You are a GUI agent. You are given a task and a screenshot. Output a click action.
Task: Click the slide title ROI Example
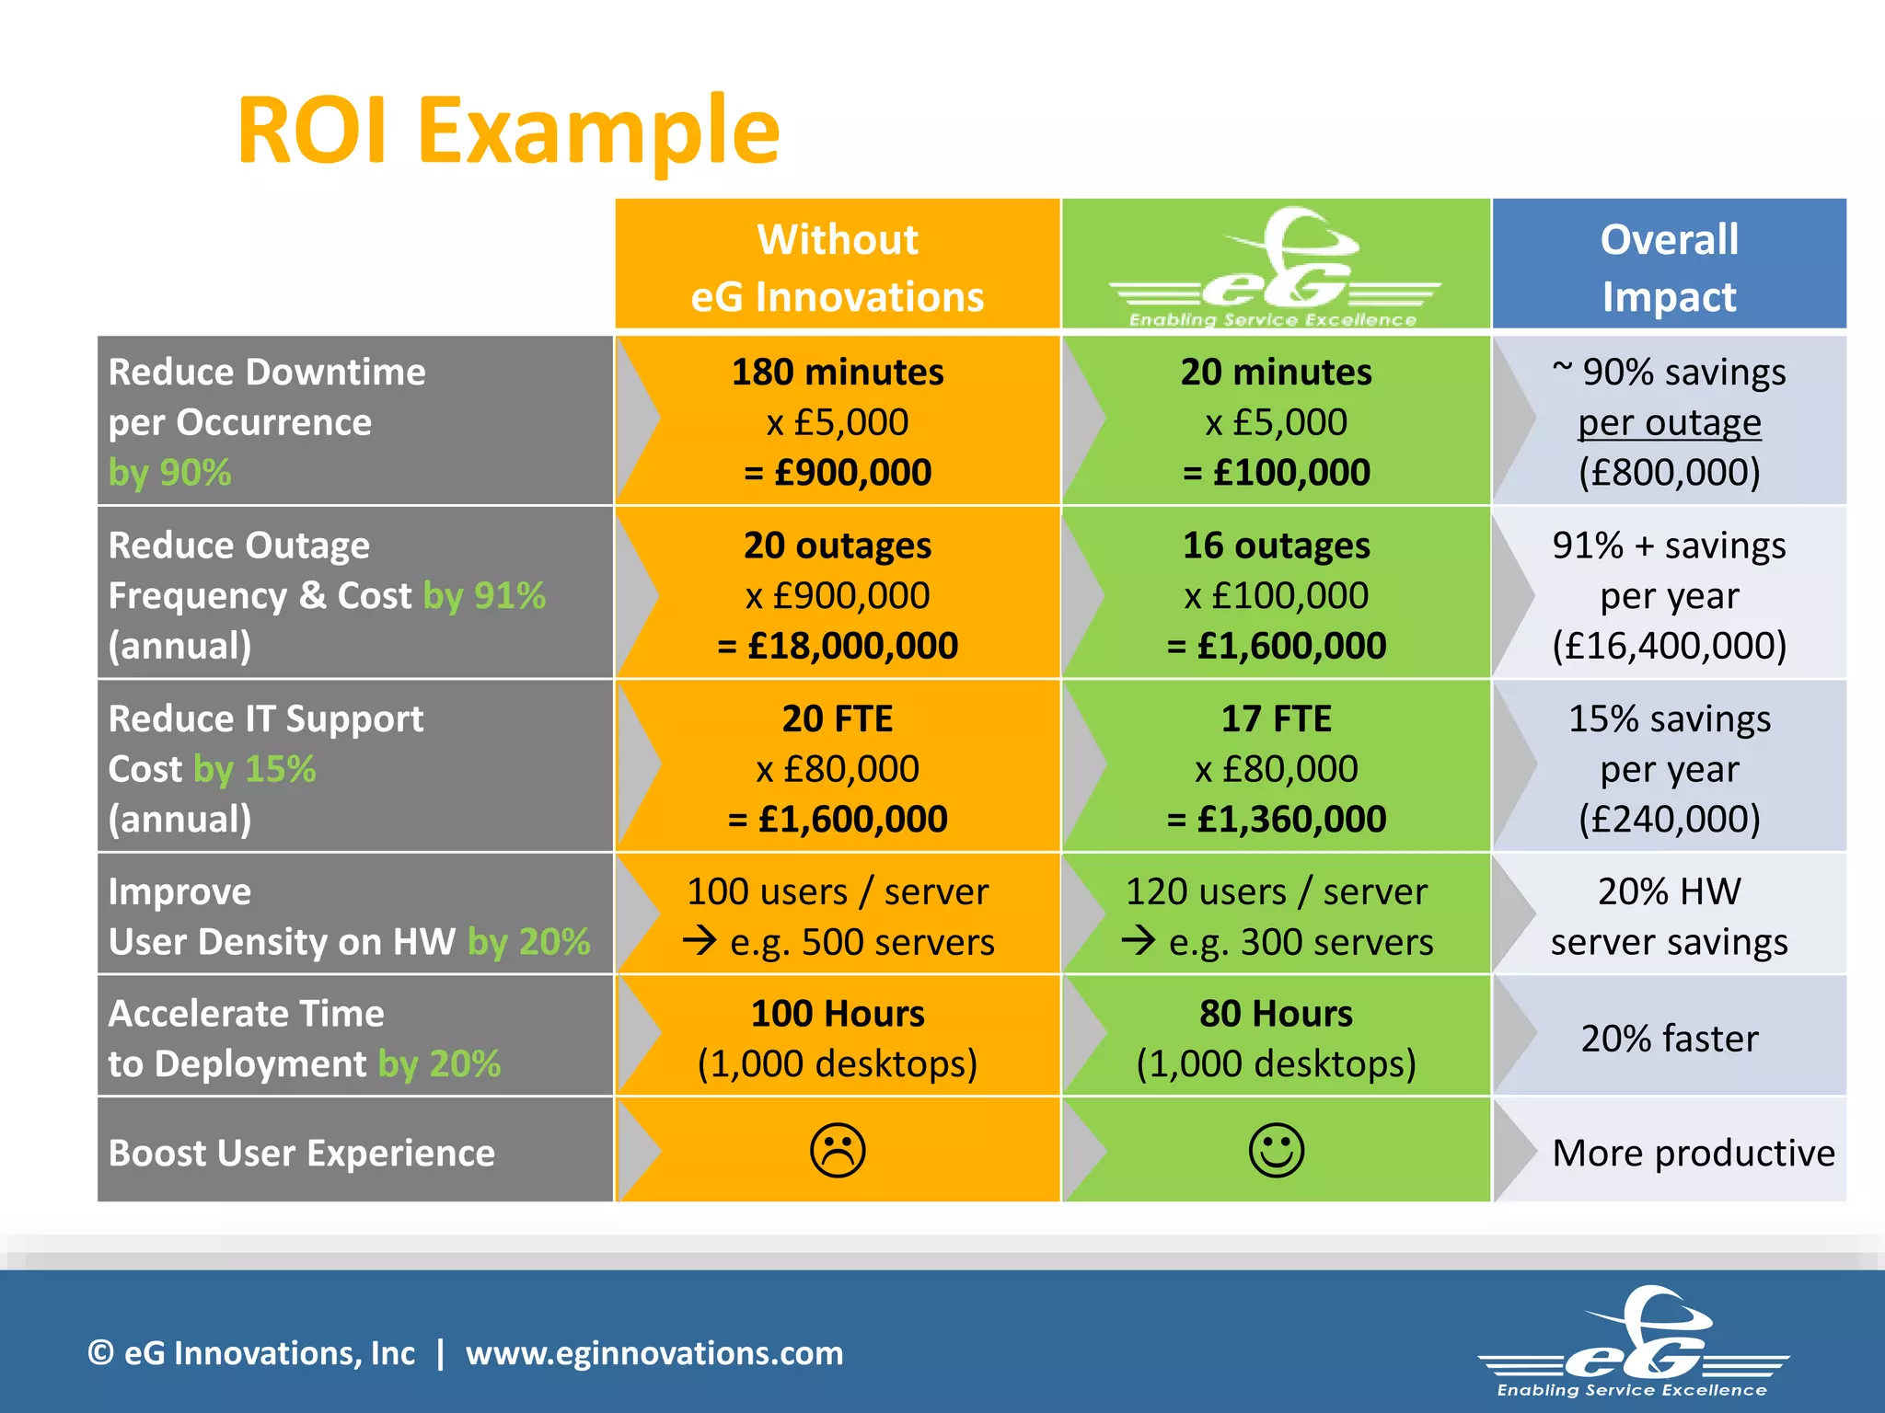(508, 131)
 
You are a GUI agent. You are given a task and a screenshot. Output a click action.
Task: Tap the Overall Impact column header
(1669, 267)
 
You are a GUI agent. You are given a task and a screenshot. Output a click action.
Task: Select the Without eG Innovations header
(838, 267)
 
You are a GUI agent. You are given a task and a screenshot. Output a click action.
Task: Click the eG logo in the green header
(1276, 267)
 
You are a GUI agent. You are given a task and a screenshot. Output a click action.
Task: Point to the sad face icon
(838, 1150)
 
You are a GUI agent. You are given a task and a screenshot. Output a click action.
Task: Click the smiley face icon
(1276, 1150)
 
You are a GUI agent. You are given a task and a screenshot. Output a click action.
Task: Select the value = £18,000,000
(838, 646)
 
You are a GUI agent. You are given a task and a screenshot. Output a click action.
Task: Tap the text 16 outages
(1276, 546)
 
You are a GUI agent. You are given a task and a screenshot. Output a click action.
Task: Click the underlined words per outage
(1669, 423)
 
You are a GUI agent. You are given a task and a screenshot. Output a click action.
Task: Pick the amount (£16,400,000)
(1669, 646)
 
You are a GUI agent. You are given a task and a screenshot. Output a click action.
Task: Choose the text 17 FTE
(1276, 718)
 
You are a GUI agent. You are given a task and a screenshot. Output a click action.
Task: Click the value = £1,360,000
(1276, 819)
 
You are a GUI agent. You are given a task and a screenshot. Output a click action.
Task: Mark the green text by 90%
(169, 473)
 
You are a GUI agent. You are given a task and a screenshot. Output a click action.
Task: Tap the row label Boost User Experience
(301, 1153)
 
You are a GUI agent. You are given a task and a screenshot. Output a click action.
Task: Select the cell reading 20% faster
(1669, 1039)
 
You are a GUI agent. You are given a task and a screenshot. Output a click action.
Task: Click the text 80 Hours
(1276, 1014)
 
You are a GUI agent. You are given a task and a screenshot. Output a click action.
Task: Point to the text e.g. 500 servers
(861, 942)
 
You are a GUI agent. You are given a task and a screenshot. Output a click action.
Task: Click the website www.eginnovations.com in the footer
(653, 1353)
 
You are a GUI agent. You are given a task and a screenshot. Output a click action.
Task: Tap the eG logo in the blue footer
(1633, 1343)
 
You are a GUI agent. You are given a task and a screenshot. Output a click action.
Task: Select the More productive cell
(1693, 1153)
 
